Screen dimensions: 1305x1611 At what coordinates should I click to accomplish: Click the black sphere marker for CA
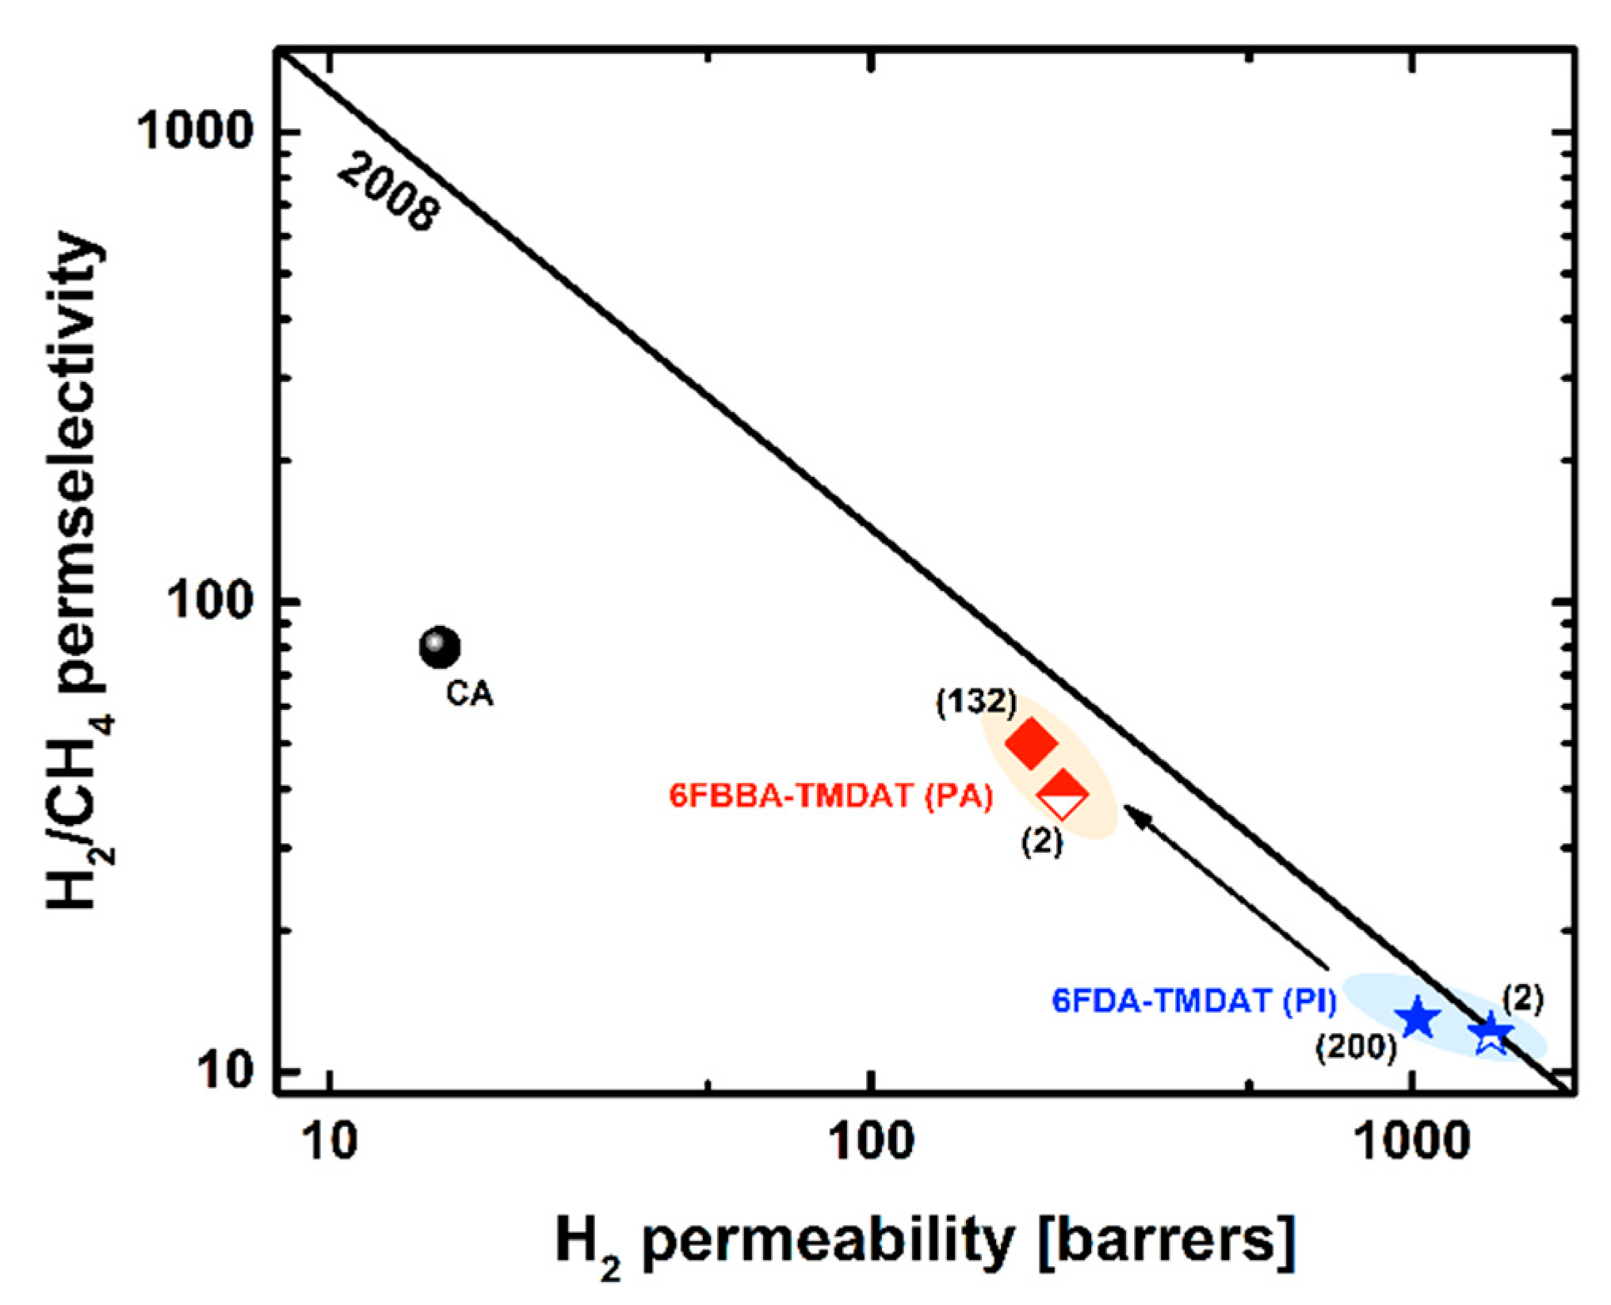(439, 648)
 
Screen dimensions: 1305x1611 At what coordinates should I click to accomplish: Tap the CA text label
(469, 694)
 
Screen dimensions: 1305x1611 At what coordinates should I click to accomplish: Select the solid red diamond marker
(1031, 742)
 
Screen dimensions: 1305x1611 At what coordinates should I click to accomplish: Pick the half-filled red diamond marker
(1063, 794)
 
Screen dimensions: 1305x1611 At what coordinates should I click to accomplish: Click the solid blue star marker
(1416, 1019)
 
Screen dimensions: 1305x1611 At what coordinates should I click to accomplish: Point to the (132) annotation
(975, 702)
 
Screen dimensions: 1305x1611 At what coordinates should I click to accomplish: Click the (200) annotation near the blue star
(1356, 1048)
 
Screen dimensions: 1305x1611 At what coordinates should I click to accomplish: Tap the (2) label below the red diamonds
(1041, 841)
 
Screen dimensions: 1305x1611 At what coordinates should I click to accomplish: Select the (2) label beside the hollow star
(1523, 1000)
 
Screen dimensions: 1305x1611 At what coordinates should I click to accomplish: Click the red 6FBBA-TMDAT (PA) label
(830, 796)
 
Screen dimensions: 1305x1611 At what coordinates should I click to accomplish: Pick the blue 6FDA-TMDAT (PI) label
(1194, 1002)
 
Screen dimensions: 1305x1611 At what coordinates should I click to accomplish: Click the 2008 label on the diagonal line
(388, 194)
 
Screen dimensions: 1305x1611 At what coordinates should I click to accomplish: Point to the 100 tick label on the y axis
(210, 602)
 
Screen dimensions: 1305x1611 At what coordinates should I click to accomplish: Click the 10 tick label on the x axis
(330, 1143)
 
